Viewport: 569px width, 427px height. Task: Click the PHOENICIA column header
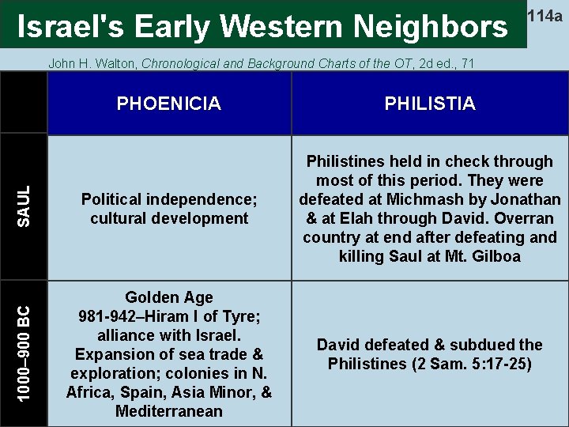168,104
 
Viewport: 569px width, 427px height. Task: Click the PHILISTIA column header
430,104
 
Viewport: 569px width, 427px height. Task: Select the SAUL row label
24,206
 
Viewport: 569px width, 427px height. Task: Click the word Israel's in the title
70,27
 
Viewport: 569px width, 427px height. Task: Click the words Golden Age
169,297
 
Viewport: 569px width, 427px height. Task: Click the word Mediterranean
169,411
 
